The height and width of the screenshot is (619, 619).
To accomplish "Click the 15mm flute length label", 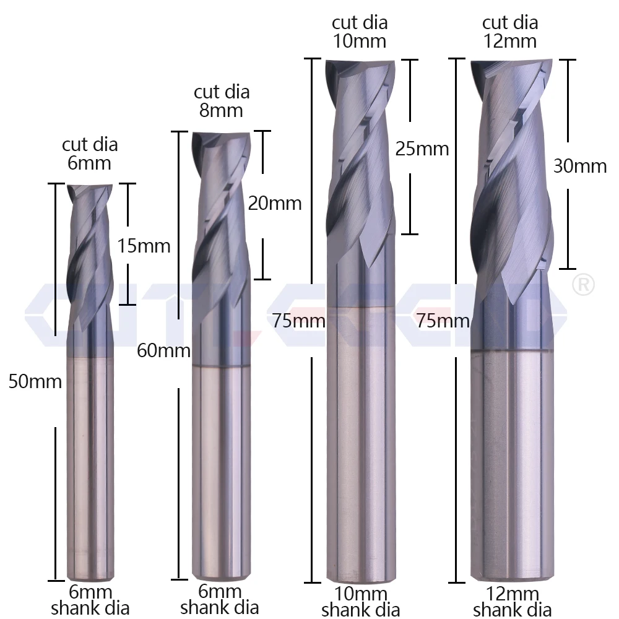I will click(x=144, y=246).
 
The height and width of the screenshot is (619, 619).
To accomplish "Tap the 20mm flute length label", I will click(x=274, y=203).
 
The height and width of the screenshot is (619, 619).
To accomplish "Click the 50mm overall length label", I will click(x=35, y=381).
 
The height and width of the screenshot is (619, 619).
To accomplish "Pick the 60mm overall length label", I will click(x=163, y=351).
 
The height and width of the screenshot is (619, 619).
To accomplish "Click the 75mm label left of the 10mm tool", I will click(x=298, y=321).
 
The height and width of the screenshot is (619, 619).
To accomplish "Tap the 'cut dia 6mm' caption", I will click(x=90, y=154).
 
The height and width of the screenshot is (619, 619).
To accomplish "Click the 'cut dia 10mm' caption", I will click(x=360, y=32).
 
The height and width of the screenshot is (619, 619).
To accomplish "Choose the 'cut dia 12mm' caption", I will click(x=510, y=32).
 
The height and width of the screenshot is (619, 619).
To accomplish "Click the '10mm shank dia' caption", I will click(x=360, y=602).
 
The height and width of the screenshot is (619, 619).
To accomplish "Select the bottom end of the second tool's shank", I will click(x=220, y=576).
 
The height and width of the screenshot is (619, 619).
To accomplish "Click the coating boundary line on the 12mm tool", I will click(x=511, y=351).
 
